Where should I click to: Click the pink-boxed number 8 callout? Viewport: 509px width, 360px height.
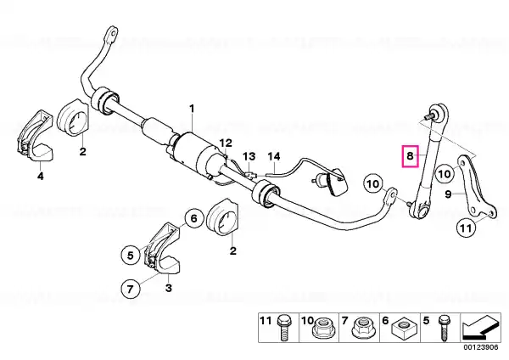(x=411, y=156)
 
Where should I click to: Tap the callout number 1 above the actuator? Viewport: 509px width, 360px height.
(x=192, y=109)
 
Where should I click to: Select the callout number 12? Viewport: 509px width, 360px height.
(x=226, y=143)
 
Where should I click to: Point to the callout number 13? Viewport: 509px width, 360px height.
(x=249, y=156)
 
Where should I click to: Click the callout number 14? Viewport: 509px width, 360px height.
(x=274, y=156)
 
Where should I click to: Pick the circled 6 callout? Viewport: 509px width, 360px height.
(x=193, y=218)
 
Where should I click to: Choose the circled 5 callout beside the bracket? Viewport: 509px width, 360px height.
(x=130, y=256)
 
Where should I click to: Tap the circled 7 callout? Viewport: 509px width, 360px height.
(x=130, y=289)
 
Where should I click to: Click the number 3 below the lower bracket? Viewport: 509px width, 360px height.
(x=169, y=288)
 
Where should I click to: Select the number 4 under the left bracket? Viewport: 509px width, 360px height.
(x=40, y=176)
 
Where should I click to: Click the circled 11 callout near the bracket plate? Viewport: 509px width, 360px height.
(x=466, y=228)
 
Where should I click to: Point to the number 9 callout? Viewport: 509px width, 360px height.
(x=448, y=194)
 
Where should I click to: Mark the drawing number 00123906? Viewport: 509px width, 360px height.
(x=480, y=347)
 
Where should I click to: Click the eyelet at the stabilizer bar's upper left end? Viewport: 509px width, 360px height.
(x=112, y=32)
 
